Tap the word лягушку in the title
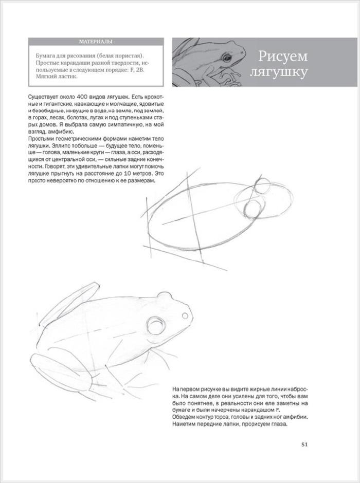pos(278,72)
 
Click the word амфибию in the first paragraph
pos(55,132)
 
